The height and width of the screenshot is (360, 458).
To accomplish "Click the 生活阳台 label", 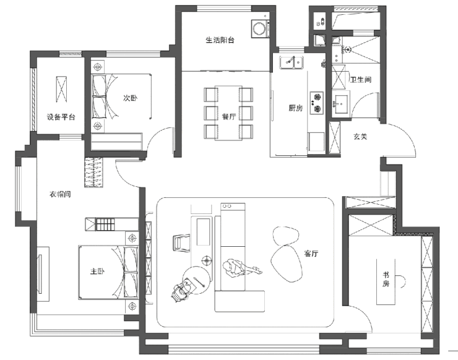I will [220, 40].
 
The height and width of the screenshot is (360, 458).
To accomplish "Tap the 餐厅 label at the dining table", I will [229, 116].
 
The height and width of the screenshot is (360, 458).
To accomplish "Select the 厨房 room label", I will [295, 108].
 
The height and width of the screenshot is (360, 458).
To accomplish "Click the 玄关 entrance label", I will [360, 136].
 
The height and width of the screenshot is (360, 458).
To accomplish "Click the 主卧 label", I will [97, 272].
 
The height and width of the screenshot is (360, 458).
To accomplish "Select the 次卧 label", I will [129, 98].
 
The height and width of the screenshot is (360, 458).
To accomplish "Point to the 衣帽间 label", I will [60, 194].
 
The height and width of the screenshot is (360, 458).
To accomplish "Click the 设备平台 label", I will [61, 118].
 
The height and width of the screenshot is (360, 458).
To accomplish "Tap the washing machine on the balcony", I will [259, 28].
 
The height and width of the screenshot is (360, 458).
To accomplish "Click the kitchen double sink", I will [290, 62].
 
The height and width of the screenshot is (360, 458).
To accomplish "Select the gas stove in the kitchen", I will [317, 102].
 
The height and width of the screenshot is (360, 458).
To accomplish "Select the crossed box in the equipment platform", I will [62, 88].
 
